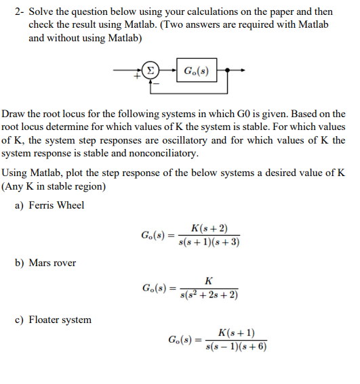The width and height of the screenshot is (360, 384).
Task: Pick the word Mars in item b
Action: [x=42, y=262]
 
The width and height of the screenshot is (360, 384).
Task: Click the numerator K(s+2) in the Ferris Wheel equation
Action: [x=209, y=228]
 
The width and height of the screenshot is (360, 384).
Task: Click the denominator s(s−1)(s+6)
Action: [x=237, y=347]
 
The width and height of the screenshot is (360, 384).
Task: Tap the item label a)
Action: [x=20, y=205]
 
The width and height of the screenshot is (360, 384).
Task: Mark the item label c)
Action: [x=20, y=319]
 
